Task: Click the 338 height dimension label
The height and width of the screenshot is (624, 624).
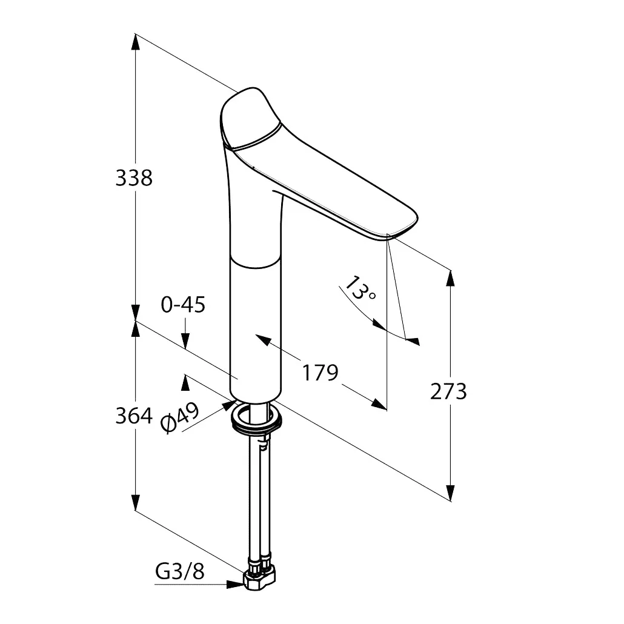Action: point(134,178)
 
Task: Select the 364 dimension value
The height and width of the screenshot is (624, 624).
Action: point(134,416)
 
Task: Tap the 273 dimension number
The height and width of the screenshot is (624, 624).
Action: point(448,391)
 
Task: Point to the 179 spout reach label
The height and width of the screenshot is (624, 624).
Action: point(320,373)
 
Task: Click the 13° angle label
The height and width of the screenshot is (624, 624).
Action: point(360,288)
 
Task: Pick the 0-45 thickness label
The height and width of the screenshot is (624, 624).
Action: point(183,305)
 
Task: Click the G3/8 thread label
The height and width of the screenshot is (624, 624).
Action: point(180,571)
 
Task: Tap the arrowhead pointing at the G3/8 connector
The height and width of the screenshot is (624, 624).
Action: point(235,584)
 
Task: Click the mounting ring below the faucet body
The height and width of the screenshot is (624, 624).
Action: point(257,418)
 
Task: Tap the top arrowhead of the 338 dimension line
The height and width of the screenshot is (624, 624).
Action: point(136,42)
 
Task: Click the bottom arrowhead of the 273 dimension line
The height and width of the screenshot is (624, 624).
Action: point(451,493)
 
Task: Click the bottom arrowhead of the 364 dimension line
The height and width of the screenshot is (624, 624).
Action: point(136,502)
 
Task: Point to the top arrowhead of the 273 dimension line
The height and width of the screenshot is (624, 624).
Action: point(451,278)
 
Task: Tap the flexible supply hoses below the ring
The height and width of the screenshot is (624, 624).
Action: point(259,497)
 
